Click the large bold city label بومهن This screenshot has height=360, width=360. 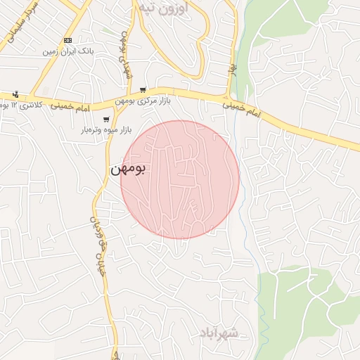pyautogui.click(x=128, y=169)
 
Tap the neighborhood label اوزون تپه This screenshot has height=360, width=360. pyautogui.click(x=165, y=8)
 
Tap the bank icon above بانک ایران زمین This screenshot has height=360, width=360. pyautogui.click(x=67, y=41)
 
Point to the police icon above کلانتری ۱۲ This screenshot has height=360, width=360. pyautogui.click(x=15, y=94)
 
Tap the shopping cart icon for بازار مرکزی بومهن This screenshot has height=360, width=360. pyautogui.click(x=143, y=90)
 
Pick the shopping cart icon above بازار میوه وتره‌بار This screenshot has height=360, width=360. pyautogui.click(x=106, y=120)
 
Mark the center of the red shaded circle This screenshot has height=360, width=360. pyautogui.click(x=180, y=179)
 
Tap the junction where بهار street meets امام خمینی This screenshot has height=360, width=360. pyautogui.click(x=229, y=97)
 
